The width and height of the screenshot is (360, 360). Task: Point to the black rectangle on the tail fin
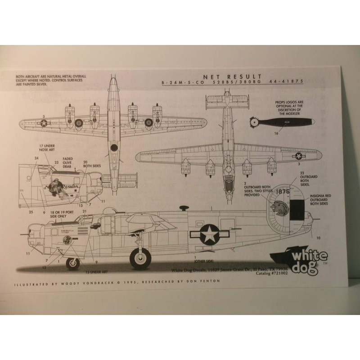(297, 209)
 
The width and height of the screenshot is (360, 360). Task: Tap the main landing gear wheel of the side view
(141, 258)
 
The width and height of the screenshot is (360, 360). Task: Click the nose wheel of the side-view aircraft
(73, 263)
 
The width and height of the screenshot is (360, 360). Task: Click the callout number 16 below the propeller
(276, 134)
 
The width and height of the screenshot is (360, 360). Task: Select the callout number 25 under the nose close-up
(30, 211)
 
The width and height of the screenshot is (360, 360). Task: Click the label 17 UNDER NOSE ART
(48, 149)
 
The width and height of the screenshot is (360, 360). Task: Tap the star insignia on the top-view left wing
(44, 124)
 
